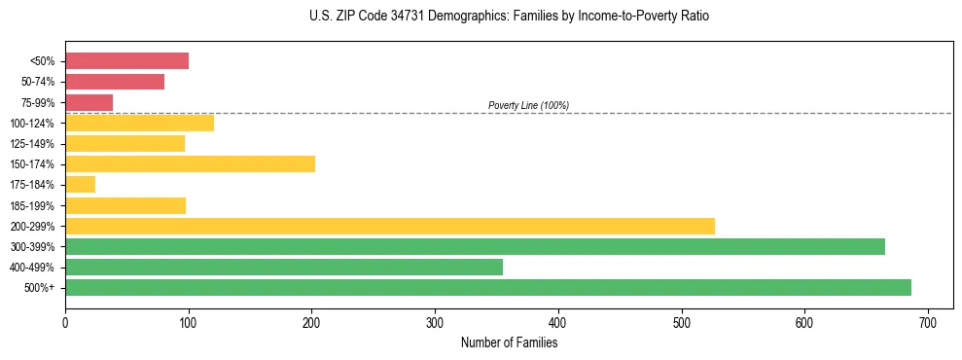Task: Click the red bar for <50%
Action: pos(126,61)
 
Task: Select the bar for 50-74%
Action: pos(115,82)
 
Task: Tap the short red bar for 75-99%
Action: pos(89,102)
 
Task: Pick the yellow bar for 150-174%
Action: pos(190,163)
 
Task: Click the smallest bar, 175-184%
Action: pos(80,184)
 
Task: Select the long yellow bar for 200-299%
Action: pos(389,226)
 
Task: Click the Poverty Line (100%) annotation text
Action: pos(528,105)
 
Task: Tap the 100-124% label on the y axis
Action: pos(32,124)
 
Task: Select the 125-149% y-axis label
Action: pos(32,144)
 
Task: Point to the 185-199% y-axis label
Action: pos(32,205)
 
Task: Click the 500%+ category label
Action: pos(40,288)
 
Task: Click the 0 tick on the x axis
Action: pos(65,323)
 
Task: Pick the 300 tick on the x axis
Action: pos(435,323)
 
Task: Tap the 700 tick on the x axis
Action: pos(928,323)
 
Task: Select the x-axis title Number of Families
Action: pos(509,342)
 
